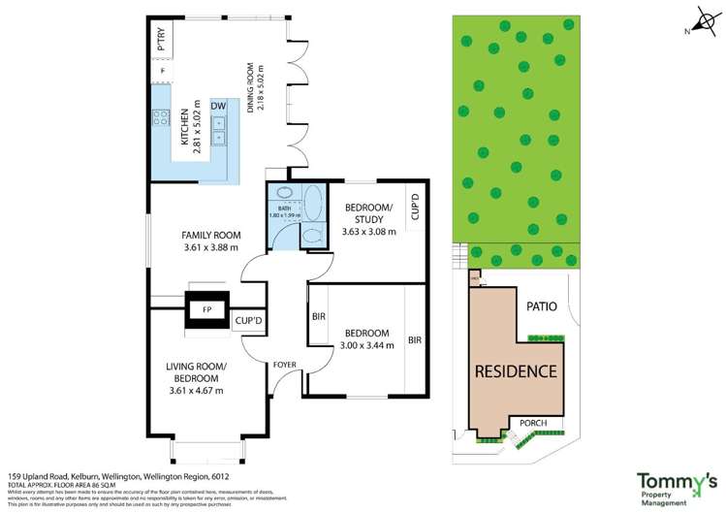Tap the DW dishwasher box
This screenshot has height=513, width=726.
click(x=218, y=106)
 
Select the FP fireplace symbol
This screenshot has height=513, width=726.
click(x=205, y=309)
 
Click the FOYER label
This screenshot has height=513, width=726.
click(x=283, y=365)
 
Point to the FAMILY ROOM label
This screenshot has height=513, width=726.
click(x=211, y=236)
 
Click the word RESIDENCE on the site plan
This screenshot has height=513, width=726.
click(x=515, y=371)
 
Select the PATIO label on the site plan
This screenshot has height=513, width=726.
click(x=542, y=306)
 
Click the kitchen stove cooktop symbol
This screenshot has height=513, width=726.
click(x=159, y=121)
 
